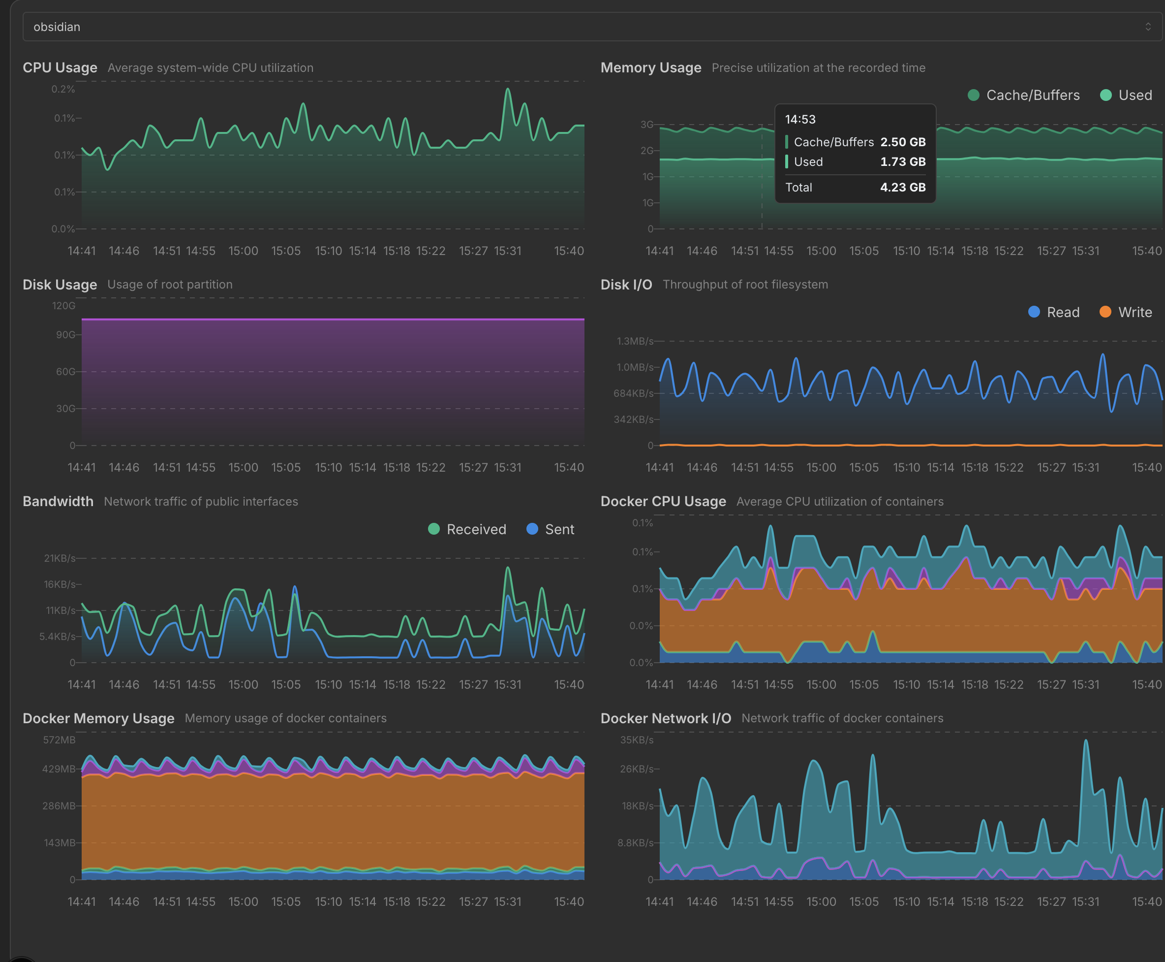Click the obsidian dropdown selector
click(592, 27)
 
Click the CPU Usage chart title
click(60, 67)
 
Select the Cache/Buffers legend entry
click(1023, 96)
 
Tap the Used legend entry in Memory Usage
click(1126, 96)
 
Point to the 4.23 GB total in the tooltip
click(903, 187)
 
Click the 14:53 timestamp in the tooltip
click(800, 119)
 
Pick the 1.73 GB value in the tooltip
click(903, 162)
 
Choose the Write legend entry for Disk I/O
click(1126, 312)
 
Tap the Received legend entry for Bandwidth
click(467, 529)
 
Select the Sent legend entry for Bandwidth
click(551, 529)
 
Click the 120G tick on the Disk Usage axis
click(63, 306)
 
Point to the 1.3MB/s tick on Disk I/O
click(635, 341)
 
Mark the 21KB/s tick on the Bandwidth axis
click(60, 558)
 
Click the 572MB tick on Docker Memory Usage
click(59, 740)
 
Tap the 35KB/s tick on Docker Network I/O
click(637, 740)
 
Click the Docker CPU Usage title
click(663, 502)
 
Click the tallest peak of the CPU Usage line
click(508, 89)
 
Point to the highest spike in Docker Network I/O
click(1086, 740)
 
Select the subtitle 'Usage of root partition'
click(170, 284)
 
